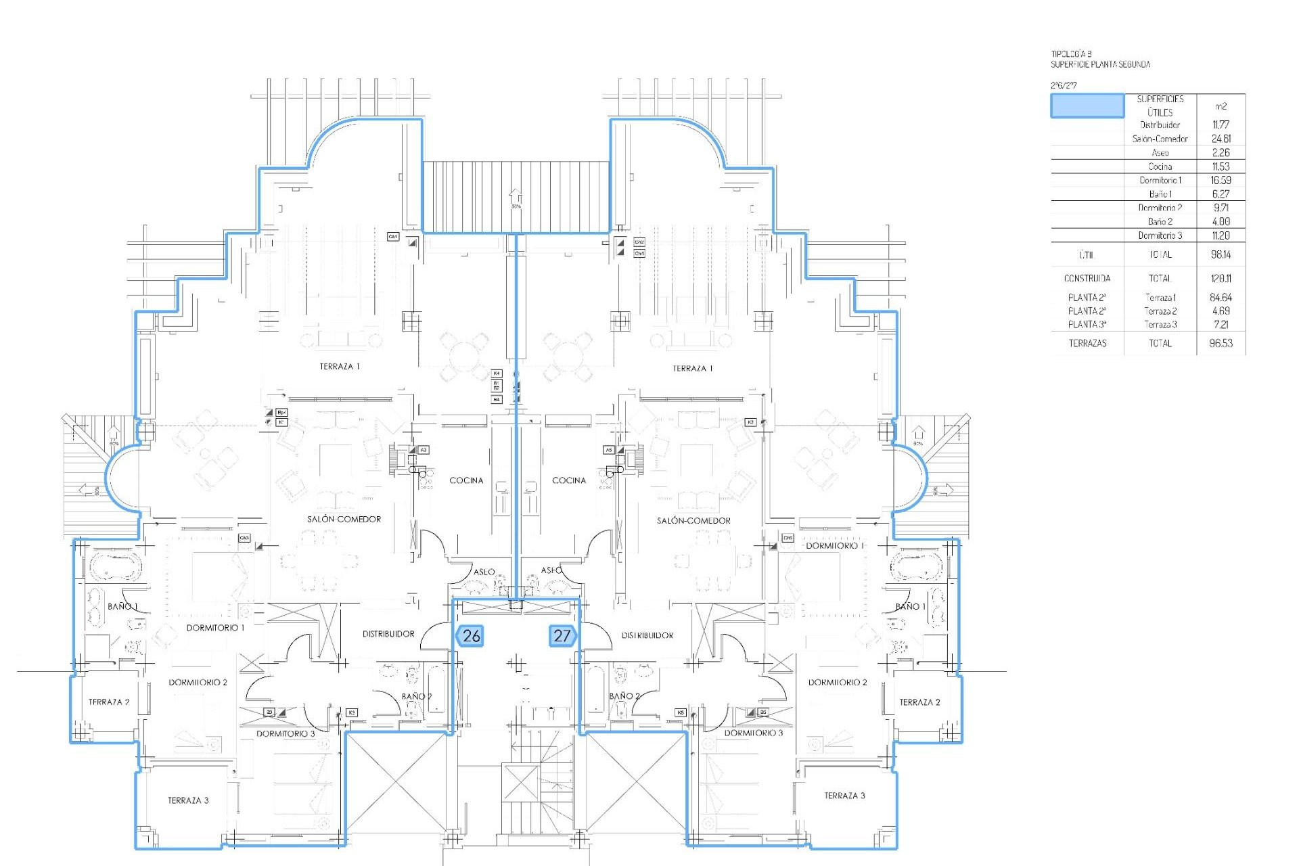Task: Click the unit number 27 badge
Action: [562, 636]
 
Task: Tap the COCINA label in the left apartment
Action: [466, 480]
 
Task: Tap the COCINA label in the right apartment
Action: [569, 480]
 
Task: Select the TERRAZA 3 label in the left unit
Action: [188, 800]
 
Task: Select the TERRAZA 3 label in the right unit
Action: [844, 796]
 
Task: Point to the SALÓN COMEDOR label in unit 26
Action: [344, 520]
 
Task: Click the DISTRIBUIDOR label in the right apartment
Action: [647, 635]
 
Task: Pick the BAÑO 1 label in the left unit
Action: [122, 606]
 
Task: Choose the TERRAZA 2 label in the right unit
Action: [919, 702]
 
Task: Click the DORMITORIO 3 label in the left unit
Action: [286, 733]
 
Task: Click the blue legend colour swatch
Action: [1087, 106]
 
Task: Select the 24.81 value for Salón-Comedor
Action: [1221, 139]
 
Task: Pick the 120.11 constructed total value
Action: [1221, 278]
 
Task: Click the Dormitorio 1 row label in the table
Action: [1160, 180]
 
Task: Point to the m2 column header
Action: [1221, 106]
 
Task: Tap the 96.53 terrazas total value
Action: [1221, 343]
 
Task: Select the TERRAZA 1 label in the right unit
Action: [693, 369]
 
